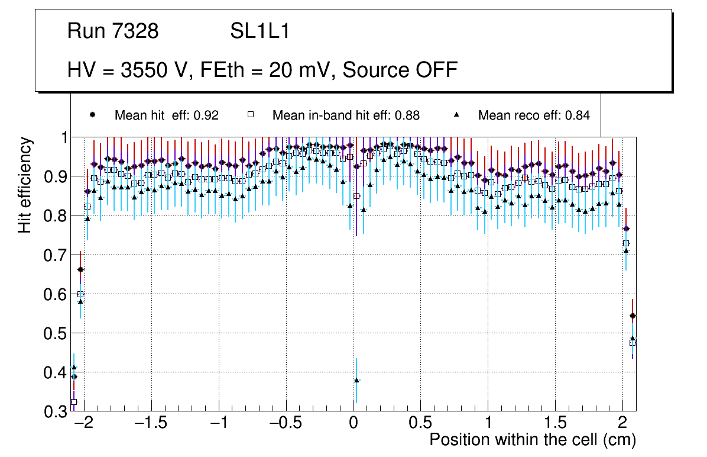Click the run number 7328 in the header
pos(135,31)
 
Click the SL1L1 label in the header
pos(260,31)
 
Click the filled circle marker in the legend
pos(92,115)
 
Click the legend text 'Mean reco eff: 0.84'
pos(534,115)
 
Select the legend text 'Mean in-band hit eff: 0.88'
pos(346,115)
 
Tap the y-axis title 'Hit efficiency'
pos(25,185)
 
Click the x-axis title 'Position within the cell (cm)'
pos(533,440)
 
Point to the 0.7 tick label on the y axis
pos(57,255)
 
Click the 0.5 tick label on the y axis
pos(57,333)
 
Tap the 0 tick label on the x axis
pos(353,423)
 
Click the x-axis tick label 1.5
pos(555,423)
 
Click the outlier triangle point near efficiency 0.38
pos(356,380)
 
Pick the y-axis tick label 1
pos(64,138)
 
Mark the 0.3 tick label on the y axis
pos(57,411)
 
